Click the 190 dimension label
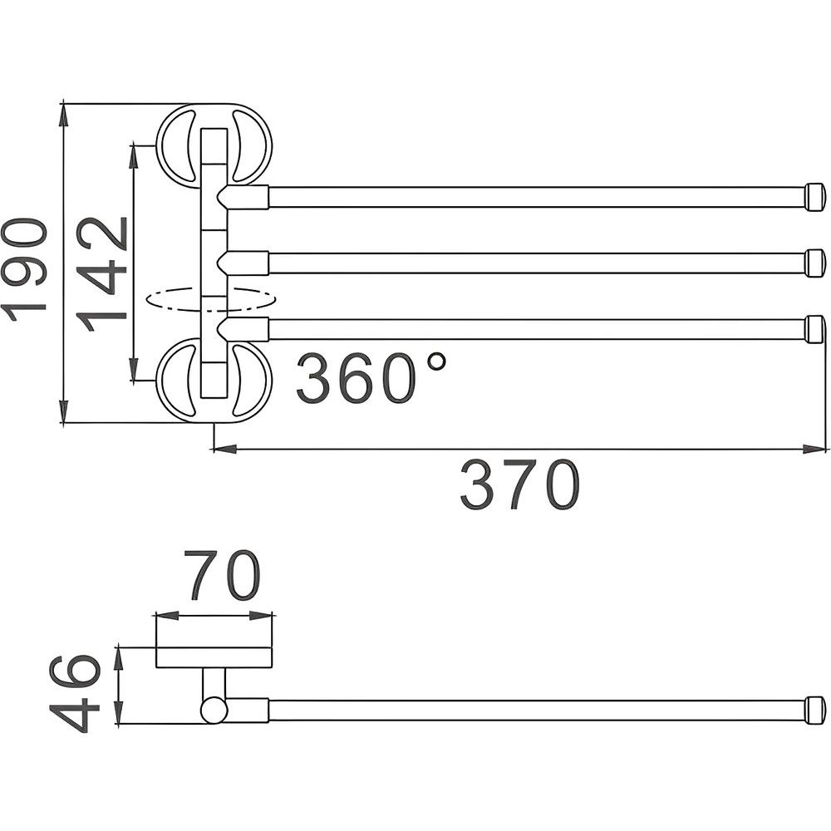[x=24, y=270]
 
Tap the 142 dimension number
[x=101, y=274]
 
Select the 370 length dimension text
[x=519, y=485]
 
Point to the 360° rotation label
[x=371, y=378]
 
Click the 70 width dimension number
[x=222, y=575]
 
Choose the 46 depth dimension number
[x=75, y=693]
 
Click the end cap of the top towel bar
[x=815, y=197]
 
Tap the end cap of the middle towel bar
[x=815, y=263]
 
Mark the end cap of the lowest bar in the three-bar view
[x=815, y=329]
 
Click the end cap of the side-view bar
[x=815, y=711]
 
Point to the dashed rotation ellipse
[x=211, y=299]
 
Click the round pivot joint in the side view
[x=214, y=711]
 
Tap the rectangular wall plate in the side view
[x=214, y=657]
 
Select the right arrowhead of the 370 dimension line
[x=815, y=450]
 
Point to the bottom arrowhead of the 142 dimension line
[x=135, y=368]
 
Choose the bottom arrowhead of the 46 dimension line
[x=120, y=712]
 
